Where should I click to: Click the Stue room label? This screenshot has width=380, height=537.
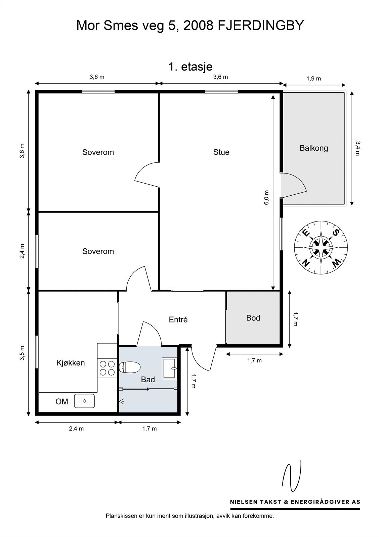[221, 152]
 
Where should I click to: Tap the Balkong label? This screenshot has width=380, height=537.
[314, 148]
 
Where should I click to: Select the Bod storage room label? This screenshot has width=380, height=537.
[253, 318]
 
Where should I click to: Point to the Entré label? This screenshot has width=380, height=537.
[178, 319]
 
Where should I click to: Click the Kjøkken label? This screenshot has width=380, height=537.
[71, 363]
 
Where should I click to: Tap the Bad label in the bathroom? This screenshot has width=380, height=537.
[148, 380]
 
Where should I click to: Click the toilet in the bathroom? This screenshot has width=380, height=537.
[130, 367]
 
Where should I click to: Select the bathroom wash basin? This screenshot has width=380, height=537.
[169, 369]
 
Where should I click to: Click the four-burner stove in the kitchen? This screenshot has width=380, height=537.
[107, 368]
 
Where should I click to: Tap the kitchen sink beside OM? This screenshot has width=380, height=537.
[84, 401]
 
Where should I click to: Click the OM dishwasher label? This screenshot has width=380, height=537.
[62, 401]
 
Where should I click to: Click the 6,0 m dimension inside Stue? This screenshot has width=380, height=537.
[266, 198]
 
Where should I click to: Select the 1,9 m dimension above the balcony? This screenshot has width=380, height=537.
[313, 79]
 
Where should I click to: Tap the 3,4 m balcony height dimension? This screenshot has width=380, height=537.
[358, 148]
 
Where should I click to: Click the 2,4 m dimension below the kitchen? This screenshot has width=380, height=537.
[76, 429]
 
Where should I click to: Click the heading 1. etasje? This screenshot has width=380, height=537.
[191, 66]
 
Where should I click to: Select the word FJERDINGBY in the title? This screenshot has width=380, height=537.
[261, 26]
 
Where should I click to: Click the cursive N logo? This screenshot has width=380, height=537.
[292, 476]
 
